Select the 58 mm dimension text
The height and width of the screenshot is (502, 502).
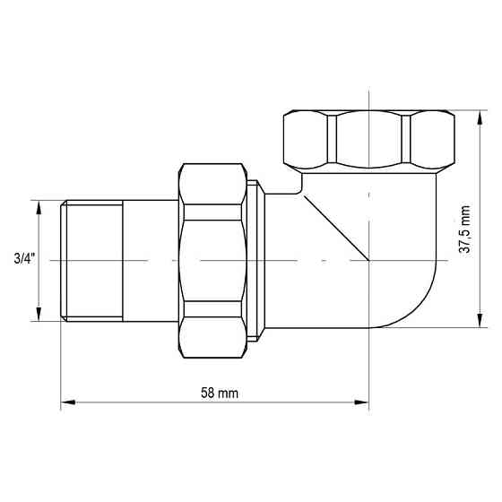pyautogui.click(x=215, y=394)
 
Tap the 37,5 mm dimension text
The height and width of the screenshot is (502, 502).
pyautogui.click(x=464, y=229)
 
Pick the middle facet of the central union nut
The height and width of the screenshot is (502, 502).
pyautogui.click(x=212, y=260)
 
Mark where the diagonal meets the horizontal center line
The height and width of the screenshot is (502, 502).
pyautogui.click(x=368, y=260)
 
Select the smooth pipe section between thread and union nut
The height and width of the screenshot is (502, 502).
pyautogui.click(x=150, y=260)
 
